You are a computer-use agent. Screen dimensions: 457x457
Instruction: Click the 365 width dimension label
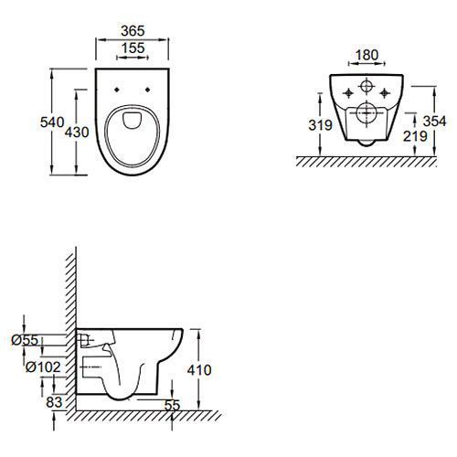coord(133,31)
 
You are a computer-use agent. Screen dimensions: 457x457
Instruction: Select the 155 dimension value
coord(133,48)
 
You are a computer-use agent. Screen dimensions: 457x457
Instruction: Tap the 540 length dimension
coord(52,122)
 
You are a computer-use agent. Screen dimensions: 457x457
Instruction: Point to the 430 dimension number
coord(77,133)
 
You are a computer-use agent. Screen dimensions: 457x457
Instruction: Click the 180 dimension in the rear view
coord(367,55)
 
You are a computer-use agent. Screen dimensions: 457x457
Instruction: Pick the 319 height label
coord(320,125)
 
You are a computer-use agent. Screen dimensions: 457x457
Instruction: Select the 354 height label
coord(434,122)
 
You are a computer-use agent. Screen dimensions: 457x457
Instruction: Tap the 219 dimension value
coord(415,136)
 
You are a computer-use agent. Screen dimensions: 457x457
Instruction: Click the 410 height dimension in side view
coord(199,370)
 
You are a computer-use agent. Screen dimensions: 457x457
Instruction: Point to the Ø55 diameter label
coord(25,340)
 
